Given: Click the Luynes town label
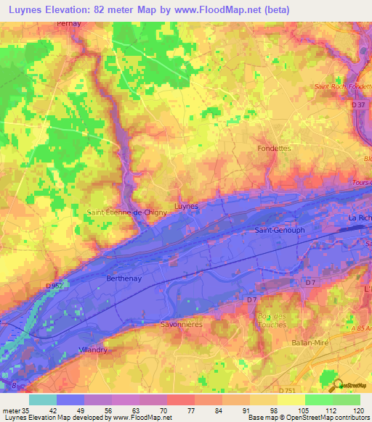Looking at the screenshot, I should coord(187,206).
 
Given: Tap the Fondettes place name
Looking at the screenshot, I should coord(274,148).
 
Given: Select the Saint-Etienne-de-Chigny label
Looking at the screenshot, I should coord(127,212).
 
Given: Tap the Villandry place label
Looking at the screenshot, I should coord(92,349).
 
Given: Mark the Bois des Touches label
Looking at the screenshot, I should coord(273,319).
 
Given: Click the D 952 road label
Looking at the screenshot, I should coord(54,286).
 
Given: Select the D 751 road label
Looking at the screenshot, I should coord(288,390).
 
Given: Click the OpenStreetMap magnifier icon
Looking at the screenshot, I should coord(336,386).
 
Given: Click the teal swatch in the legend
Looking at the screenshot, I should coord(42,400).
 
